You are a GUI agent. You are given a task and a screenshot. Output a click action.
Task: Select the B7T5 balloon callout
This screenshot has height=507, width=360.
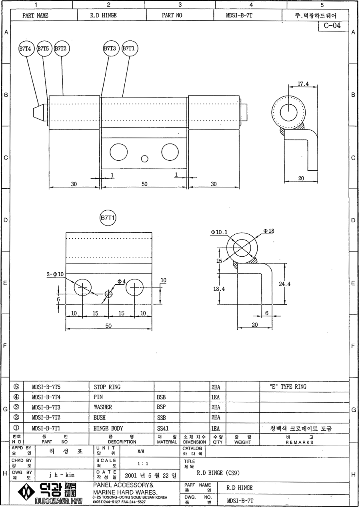(x=43, y=48)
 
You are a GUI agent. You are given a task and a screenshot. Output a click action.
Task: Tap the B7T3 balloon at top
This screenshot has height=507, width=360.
(x=110, y=48)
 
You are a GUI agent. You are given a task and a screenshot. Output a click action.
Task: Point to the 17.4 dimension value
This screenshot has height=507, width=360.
(x=303, y=84)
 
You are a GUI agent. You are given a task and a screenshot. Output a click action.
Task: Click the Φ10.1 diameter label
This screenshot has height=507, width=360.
(x=219, y=232)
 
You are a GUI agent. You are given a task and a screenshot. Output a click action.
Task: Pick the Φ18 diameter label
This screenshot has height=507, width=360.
(x=268, y=231)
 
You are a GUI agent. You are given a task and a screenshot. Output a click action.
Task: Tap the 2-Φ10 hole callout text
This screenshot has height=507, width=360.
(x=55, y=274)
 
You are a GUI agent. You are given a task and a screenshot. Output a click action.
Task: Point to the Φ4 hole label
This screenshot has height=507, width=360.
(x=121, y=281)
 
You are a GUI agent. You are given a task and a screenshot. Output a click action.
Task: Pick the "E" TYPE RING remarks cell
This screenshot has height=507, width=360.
(x=288, y=387)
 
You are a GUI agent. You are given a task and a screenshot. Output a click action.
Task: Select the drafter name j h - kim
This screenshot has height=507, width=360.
(x=62, y=475)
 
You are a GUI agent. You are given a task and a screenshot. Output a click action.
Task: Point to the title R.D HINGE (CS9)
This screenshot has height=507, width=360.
(x=218, y=473)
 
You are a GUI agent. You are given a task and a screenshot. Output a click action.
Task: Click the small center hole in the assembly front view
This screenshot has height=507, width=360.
(x=144, y=159)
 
